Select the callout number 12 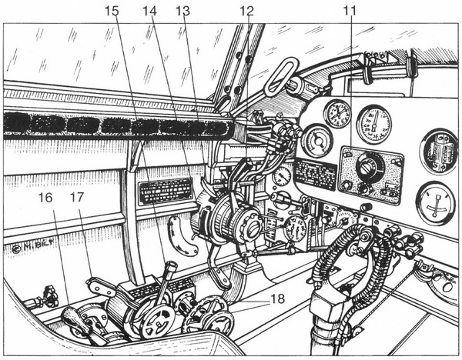(x=246, y=12)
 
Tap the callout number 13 (x=183, y=12)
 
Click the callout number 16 (x=45, y=197)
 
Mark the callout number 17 (x=75, y=197)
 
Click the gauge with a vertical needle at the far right (x=434, y=202)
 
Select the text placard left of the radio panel (x=315, y=175)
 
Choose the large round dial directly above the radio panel (x=373, y=123)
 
